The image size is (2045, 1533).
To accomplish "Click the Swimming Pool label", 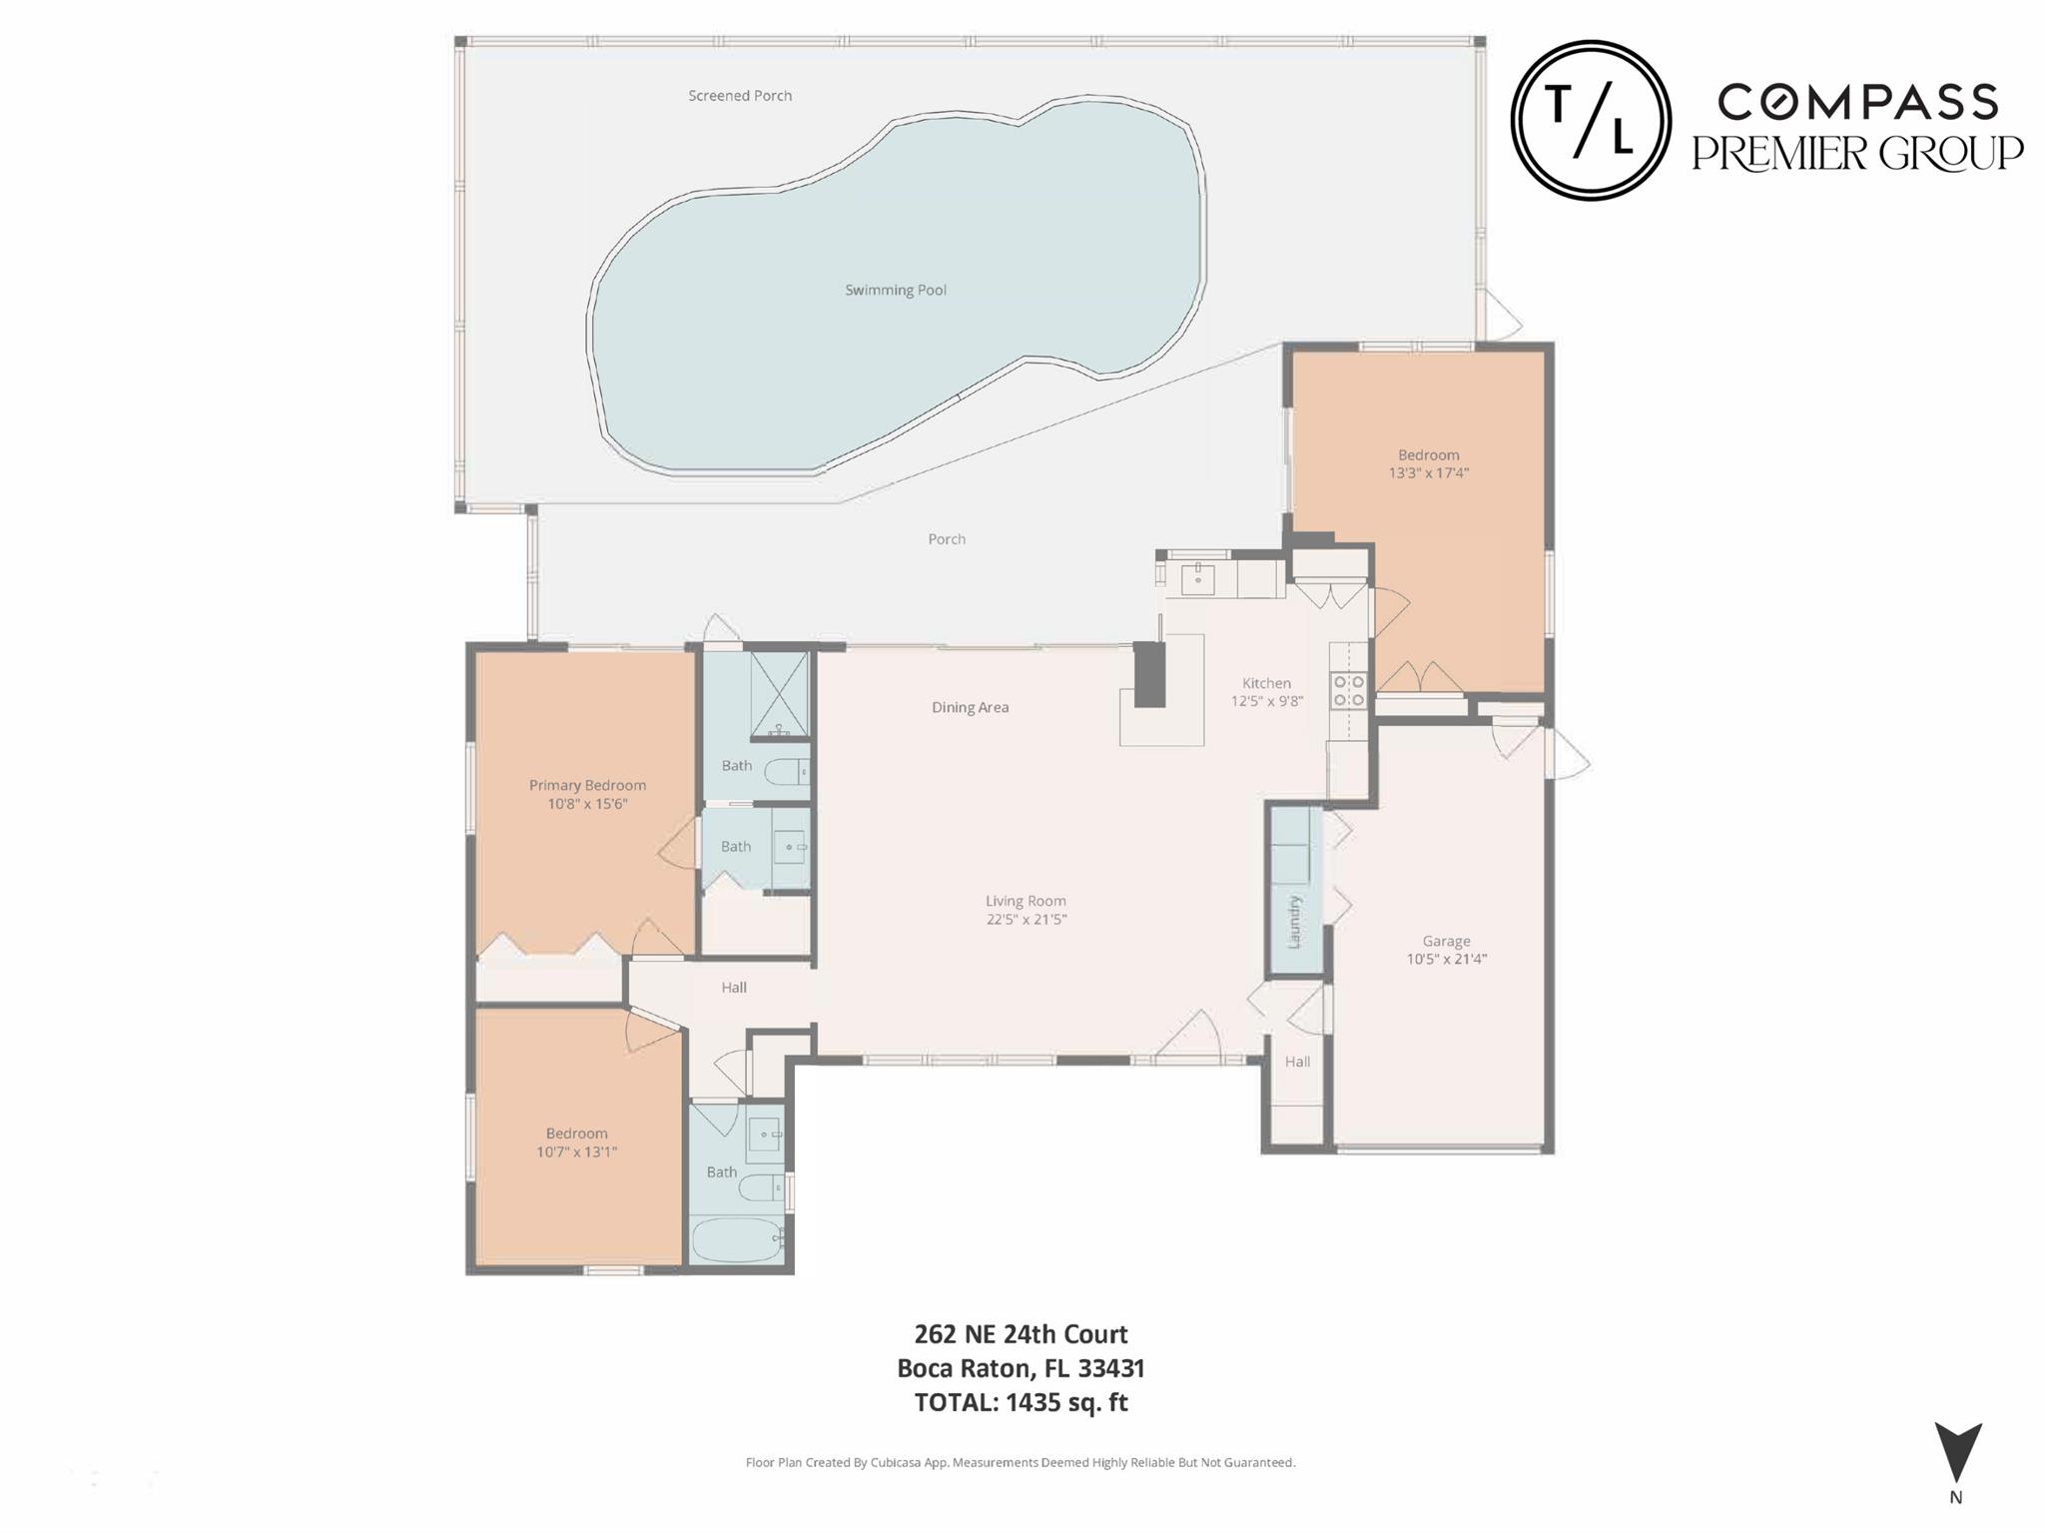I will (x=895, y=291).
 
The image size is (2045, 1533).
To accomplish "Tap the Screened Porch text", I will (x=740, y=96).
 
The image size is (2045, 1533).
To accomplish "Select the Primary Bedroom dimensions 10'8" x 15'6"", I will (x=587, y=804).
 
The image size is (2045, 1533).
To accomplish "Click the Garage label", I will (x=1446, y=941).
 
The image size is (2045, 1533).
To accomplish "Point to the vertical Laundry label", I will (x=1295, y=921).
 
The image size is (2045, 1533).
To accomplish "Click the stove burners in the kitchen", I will (x=1349, y=690).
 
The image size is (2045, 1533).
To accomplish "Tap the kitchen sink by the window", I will (x=1197, y=578).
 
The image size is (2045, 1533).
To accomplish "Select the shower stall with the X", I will (x=779, y=694).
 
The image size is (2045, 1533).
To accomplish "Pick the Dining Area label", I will (x=970, y=708).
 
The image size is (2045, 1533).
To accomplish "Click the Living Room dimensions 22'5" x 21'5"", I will (x=1026, y=920).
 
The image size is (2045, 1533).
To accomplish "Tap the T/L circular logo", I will (x=1590, y=121).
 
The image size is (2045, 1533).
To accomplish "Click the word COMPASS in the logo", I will (x=1857, y=103).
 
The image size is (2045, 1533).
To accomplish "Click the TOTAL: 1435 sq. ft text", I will (x=1021, y=1402).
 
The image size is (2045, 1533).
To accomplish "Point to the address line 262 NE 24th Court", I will (x=1021, y=1334).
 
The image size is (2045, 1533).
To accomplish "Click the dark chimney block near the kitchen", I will (x=1150, y=675).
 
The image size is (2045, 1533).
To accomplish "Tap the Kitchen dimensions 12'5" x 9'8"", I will (x=1266, y=701).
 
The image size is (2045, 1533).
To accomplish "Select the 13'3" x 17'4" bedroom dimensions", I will (x=1428, y=473).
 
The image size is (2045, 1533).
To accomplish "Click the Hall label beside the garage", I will (x=1297, y=1062).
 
